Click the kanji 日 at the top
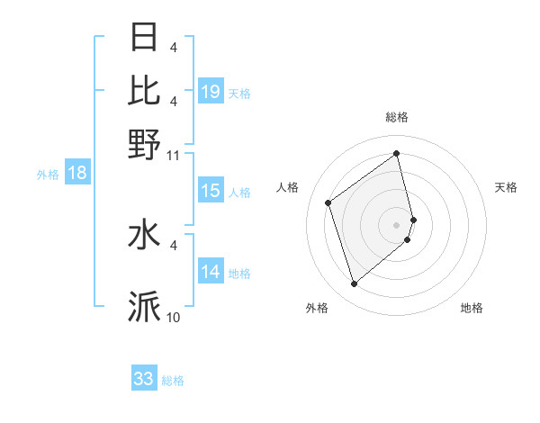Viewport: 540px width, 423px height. (x=144, y=37)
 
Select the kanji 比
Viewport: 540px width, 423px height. (x=144, y=90)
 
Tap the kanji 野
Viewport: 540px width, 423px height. (x=144, y=143)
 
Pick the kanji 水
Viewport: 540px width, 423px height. (x=144, y=236)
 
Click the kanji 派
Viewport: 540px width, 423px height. (x=144, y=307)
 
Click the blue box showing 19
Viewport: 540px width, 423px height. (x=211, y=92)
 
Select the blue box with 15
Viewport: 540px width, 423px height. (x=211, y=191)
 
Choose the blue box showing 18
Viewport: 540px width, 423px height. (x=77, y=173)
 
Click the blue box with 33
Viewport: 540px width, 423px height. (x=144, y=379)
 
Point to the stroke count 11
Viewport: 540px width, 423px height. (x=174, y=155)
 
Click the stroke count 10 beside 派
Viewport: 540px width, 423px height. (x=174, y=318)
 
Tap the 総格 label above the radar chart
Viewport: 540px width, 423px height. (x=397, y=117)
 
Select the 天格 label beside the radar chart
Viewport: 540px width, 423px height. (x=507, y=187)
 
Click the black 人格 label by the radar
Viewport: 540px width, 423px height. (x=288, y=187)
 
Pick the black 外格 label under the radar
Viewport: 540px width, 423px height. (x=317, y=308)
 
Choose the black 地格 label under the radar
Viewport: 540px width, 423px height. (x=472, y=308)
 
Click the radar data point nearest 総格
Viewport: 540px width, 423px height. (x=397, y=154)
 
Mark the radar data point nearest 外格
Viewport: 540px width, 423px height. (x=354, y=284)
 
